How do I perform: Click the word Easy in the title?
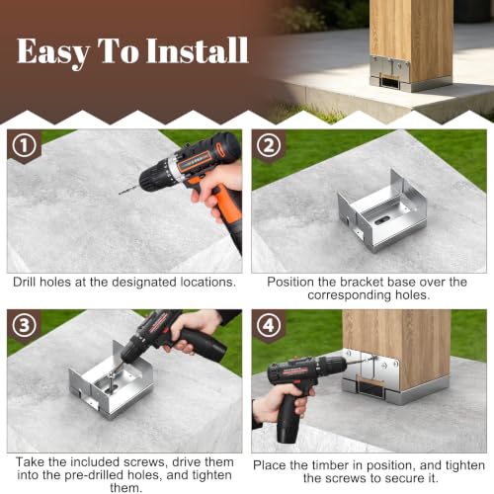point(53,52)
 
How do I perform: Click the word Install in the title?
point(197,50)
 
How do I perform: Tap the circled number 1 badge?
point(24,145)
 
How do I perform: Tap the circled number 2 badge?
point(269,145)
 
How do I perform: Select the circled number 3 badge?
point(24,325)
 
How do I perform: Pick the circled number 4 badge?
point(269,325)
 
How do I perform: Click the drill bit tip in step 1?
point(120,194)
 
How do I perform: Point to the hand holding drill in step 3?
point(187,331)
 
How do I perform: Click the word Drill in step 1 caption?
point(25,283)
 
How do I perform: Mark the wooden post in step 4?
point(397,348)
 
